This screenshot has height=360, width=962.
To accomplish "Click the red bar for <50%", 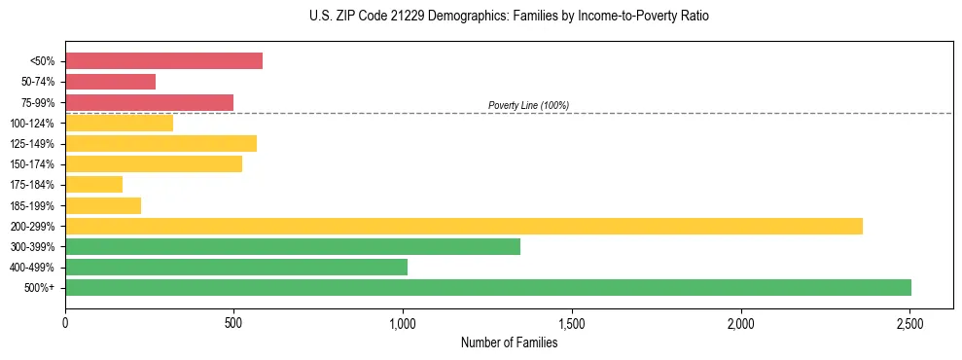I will [163, 61].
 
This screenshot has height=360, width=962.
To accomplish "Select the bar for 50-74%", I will [110, 82].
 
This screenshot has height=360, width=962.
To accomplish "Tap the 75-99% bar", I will [149, 102].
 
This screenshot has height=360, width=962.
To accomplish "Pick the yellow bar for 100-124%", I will [119, 123].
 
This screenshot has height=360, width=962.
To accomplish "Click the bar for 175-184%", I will [93, 184].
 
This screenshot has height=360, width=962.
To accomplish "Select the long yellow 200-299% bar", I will [463, 226].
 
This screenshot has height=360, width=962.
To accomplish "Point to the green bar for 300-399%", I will [292, 246].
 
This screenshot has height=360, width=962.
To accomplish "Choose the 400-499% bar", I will [235, 267].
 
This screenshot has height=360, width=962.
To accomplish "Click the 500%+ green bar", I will [487, 287].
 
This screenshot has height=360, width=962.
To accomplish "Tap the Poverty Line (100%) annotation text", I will [528, 105].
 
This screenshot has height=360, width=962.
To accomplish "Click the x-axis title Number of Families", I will [509, 342].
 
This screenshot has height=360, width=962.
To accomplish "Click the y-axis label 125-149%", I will [32, 144].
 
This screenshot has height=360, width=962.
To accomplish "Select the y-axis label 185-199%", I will [32, 205].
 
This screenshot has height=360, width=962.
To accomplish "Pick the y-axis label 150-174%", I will [32, 164].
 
